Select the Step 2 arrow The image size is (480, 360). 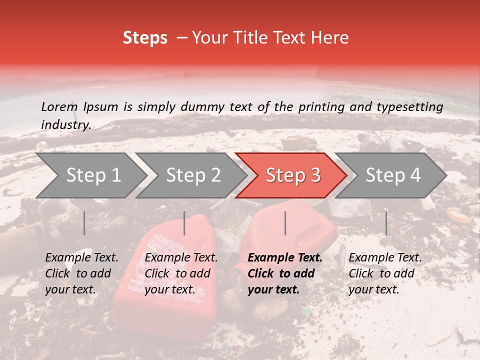click(x=192, y=175)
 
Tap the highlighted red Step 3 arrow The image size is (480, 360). click(x=292, y=175)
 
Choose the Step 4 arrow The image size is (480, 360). click(x=393, y=175)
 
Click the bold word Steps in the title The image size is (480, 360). click(x=145, y=38)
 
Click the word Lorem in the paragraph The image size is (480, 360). click(x=59, y=106)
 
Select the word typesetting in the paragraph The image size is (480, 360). click(x=408, y=106)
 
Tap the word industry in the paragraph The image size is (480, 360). click(x=65, y=125)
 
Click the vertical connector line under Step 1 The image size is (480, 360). click(x=84, y=223)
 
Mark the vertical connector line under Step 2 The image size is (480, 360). click(x=184, y=223)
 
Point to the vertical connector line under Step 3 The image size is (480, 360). click(x=285, y=223)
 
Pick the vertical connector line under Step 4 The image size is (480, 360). click(x=386, y=223)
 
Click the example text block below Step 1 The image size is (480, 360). click(x=81, y=273)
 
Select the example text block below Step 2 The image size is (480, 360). click(x=181, y=273)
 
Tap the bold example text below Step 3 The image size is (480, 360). click(x=285, y=273)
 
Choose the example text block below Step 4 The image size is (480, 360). click(x=385, y=273)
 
